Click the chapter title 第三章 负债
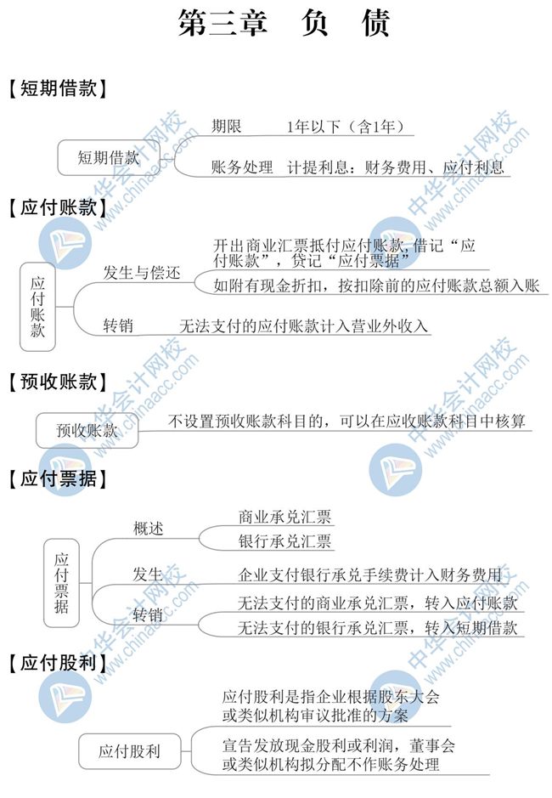pyautogui.click(x=284, y=23)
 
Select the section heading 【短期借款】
pyautogui.click(x=58, y=88)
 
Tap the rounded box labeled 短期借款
pyautogui.click(x=109, y=157)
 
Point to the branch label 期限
pyautogui.click(x=227, y=127)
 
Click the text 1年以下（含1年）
pyautogui.click(x=346, y=127)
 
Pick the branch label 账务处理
pyautogui.click(x=242, y=167)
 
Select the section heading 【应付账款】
pyautogui.click(x=58, y=207)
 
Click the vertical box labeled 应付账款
pyautogui.click(x=37, y=307)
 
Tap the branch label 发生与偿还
pyautogui.click(x=142, y=273)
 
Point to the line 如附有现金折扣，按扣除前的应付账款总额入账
pyautogui.click(x=376, y=286)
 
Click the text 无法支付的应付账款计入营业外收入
pyautogui.click(x=304, y=325)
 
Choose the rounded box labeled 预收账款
pyautogui.click(x=87, y=431)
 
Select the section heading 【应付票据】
pyautogui.click(x=58, y=479)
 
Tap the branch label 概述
pyautogui.click(x=148, y=529)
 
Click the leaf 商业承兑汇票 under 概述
pyautogui.click(x=284, y=517)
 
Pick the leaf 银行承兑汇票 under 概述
pyautogui.click(x=284, y=540)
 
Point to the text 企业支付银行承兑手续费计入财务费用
pyautogui.click(x=370, y=575)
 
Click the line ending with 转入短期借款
pyautogui.click(x=378, y=627)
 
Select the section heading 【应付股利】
pyautogui.click(x=58, y=663)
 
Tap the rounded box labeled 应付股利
pyautogui.click(x=130, y=751)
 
